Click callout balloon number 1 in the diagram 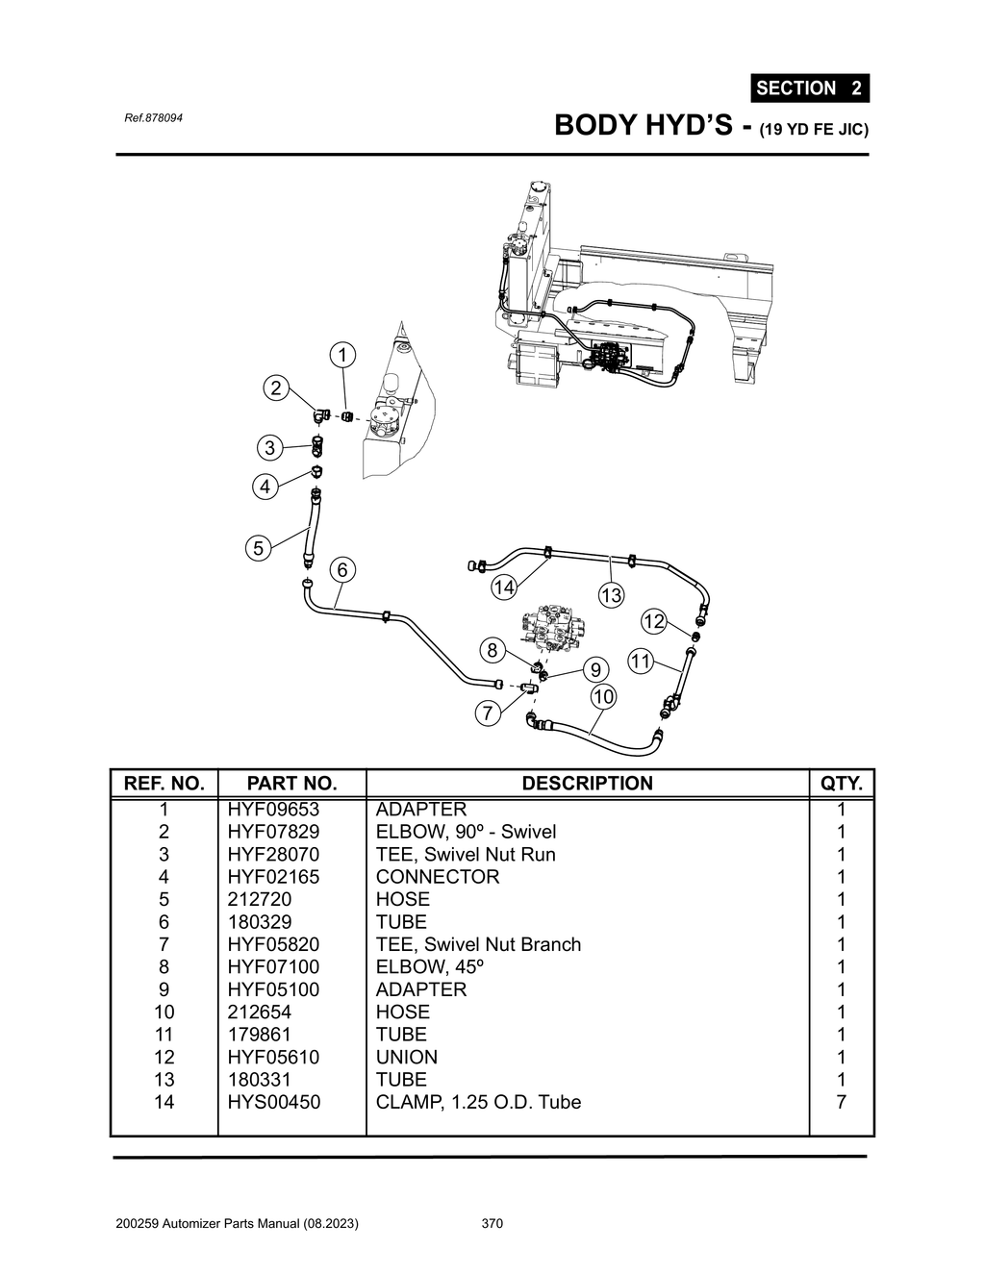[341, 355]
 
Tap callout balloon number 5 [258, 548]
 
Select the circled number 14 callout [504, 587]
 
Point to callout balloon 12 [654, 621]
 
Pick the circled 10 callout [603, 695]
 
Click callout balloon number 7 [489, 712]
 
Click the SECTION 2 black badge [809, 88]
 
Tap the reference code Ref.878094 [154, 117]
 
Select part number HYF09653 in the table [273, 810]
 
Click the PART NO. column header [291, 784]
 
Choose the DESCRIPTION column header [587, 784]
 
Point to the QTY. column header [842, 784]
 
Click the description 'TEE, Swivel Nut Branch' [478, 944]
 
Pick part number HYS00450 [274, 1102]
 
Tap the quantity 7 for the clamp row [842, 1102]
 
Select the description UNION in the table [406, 1057]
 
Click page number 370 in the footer [492, 1224]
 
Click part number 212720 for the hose [260, 899]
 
